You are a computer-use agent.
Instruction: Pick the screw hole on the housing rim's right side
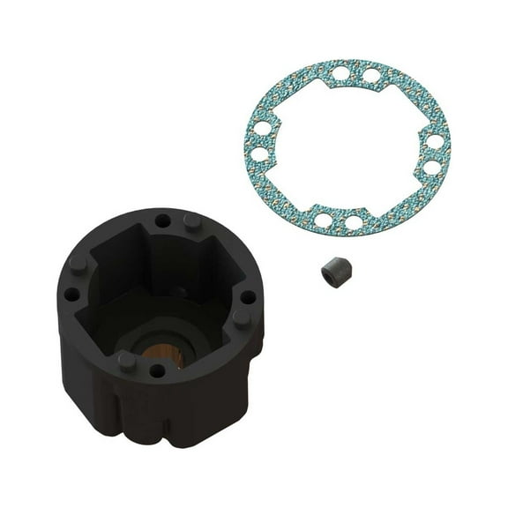coord(244,297)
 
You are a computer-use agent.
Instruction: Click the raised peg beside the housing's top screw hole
coord(191,221)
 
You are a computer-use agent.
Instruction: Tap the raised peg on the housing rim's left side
coord(76,264)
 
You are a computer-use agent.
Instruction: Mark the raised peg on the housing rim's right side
coord(240,318)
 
